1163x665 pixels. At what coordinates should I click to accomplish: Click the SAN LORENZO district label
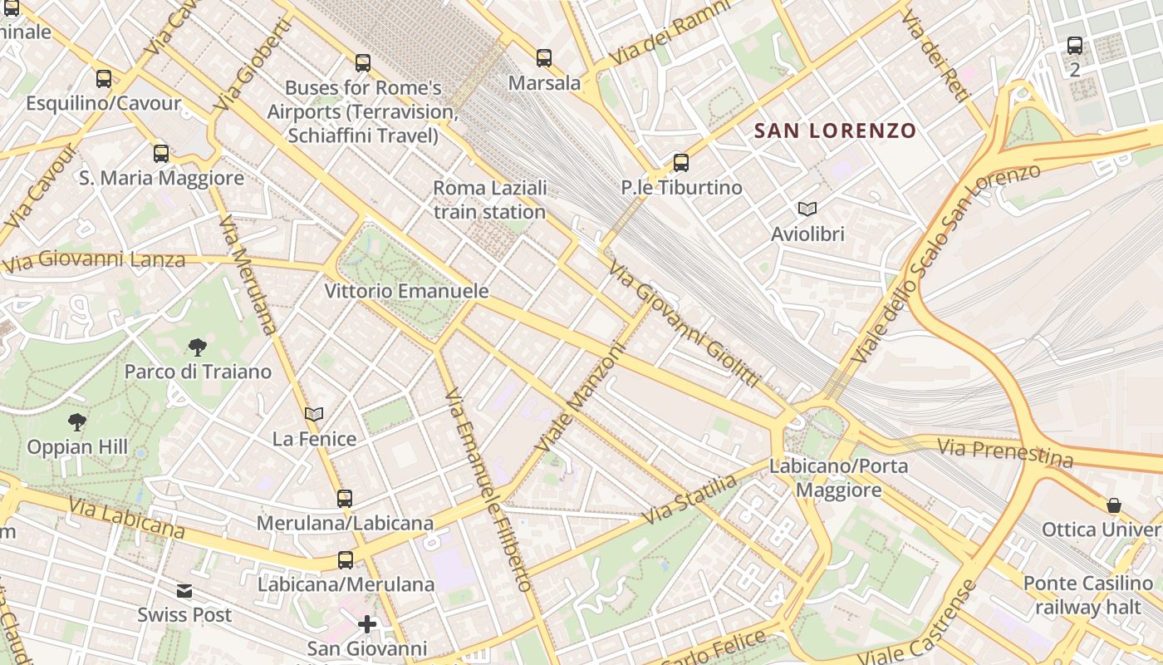point(835,131)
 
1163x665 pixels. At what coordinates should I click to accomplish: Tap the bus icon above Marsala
point(544,58)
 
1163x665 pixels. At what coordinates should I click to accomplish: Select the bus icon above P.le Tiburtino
point(681,162)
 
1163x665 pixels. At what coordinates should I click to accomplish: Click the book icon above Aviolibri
point(807,209)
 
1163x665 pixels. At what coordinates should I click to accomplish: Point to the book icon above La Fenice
point(313,413)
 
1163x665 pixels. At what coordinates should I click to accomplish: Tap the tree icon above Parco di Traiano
point(198,347)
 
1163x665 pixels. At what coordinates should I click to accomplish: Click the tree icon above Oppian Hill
point(77,422)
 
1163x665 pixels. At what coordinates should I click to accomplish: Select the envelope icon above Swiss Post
point(184,591)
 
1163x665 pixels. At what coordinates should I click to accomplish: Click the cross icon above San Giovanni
point(367,623)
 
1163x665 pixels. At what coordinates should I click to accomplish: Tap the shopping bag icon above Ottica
point(1113,505)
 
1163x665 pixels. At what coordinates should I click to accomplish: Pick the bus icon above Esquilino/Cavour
point(104,79)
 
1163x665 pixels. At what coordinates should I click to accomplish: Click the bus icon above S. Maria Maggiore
point(161,153)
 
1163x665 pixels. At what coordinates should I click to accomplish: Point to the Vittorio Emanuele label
point(406,292)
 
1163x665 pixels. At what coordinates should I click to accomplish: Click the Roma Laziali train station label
point(489,199)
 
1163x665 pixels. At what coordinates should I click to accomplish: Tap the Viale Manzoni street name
point(579,399)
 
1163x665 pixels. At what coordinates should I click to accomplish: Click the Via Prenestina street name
point(1005,453)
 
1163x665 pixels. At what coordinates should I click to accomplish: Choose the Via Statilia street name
point(689,499)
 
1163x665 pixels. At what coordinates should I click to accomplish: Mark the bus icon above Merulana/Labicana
point(345,499)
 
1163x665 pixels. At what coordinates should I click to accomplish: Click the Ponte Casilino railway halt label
point(1088,595)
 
